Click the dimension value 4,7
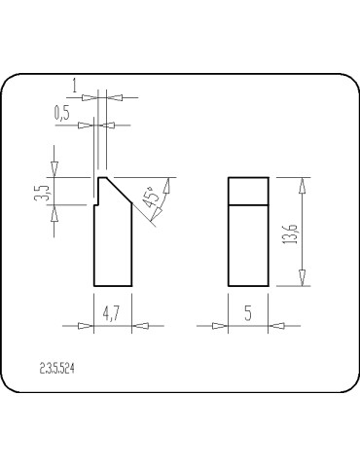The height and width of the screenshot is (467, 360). (x=112, y=313)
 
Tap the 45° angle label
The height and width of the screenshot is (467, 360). (x=151, y=198)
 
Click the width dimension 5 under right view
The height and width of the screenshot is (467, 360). (x=247, y=313)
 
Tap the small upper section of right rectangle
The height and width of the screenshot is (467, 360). (x=247, y=189)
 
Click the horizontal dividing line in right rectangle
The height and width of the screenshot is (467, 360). (x=247, y=202)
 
